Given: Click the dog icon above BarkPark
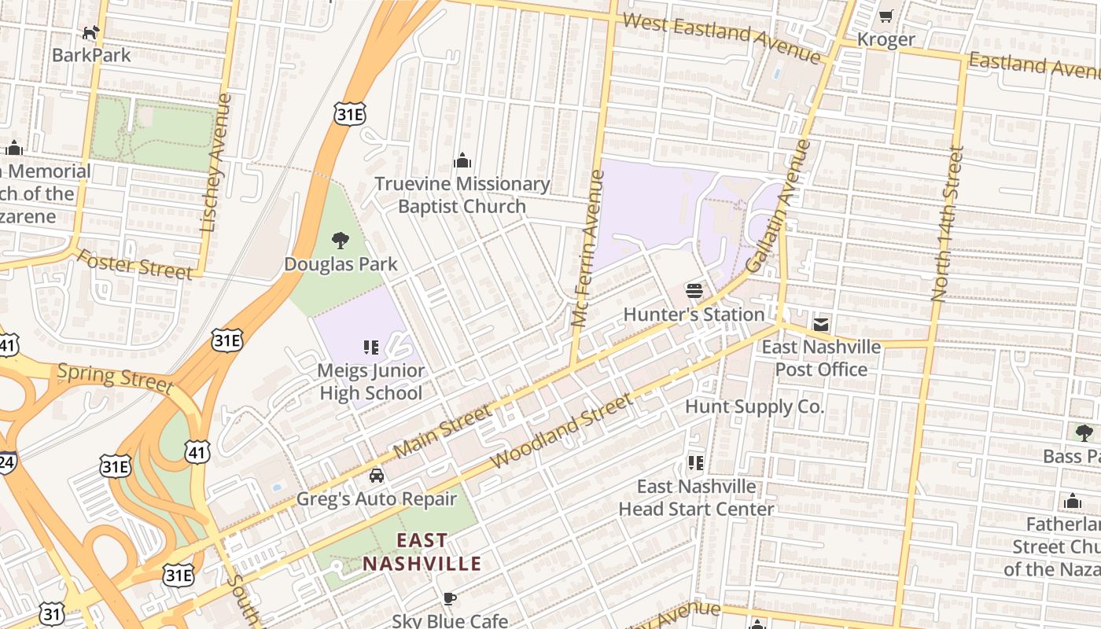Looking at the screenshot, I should pyautogui.click(x=91, y=32).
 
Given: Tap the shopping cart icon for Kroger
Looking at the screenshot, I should pyautogui.click(x=886, y=16).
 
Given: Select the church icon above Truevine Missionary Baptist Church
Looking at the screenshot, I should pyautogui.click(x=462, y=161).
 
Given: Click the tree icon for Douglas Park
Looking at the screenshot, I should pyautogui.click(x=341, y=241).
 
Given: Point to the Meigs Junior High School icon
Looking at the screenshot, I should pyautogui.click(x=371, y=347).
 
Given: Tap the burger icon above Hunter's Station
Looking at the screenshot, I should pyautogui.click(x=694, y=291).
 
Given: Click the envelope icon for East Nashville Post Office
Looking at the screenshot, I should pyautogui.click(x=821, y=324).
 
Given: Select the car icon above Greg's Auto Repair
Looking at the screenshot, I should pyautogui.click(x=377, y=476).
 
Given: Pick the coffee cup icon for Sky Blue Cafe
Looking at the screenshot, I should pyautogui.click(x=450, y=598).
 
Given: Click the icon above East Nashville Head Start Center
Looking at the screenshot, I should pyautogui.click(x=695, y=463).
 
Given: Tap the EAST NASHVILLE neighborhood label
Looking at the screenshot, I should pyautogui.click(x=422, y=552).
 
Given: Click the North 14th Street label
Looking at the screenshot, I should pyautogui.click(x=947, y=223).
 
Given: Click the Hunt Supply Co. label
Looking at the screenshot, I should pyautogui.click(x=754, y=406).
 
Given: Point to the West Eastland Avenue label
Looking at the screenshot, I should pyautogui.click(x=721, y=37).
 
